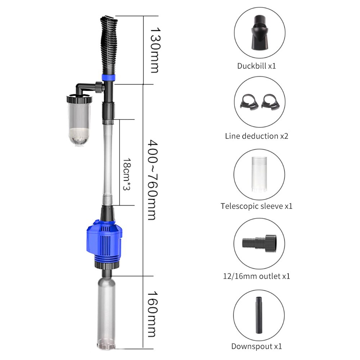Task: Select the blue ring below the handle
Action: click(x=109, y=77)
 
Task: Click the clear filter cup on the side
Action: click(x=78, y=121)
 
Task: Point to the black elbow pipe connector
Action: click(x=85, y=87)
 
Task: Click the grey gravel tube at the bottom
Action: click(x=107, y=310)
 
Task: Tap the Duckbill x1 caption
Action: click(x=256, y=66)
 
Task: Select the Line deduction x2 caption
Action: click(x=256, y=136)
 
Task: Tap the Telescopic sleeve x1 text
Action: click(x=256, y=206)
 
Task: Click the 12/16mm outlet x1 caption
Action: click(x=256, y=276)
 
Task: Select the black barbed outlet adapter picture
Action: click(x=260, y=242)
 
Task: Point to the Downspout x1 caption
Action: click(x=256, y=346)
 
